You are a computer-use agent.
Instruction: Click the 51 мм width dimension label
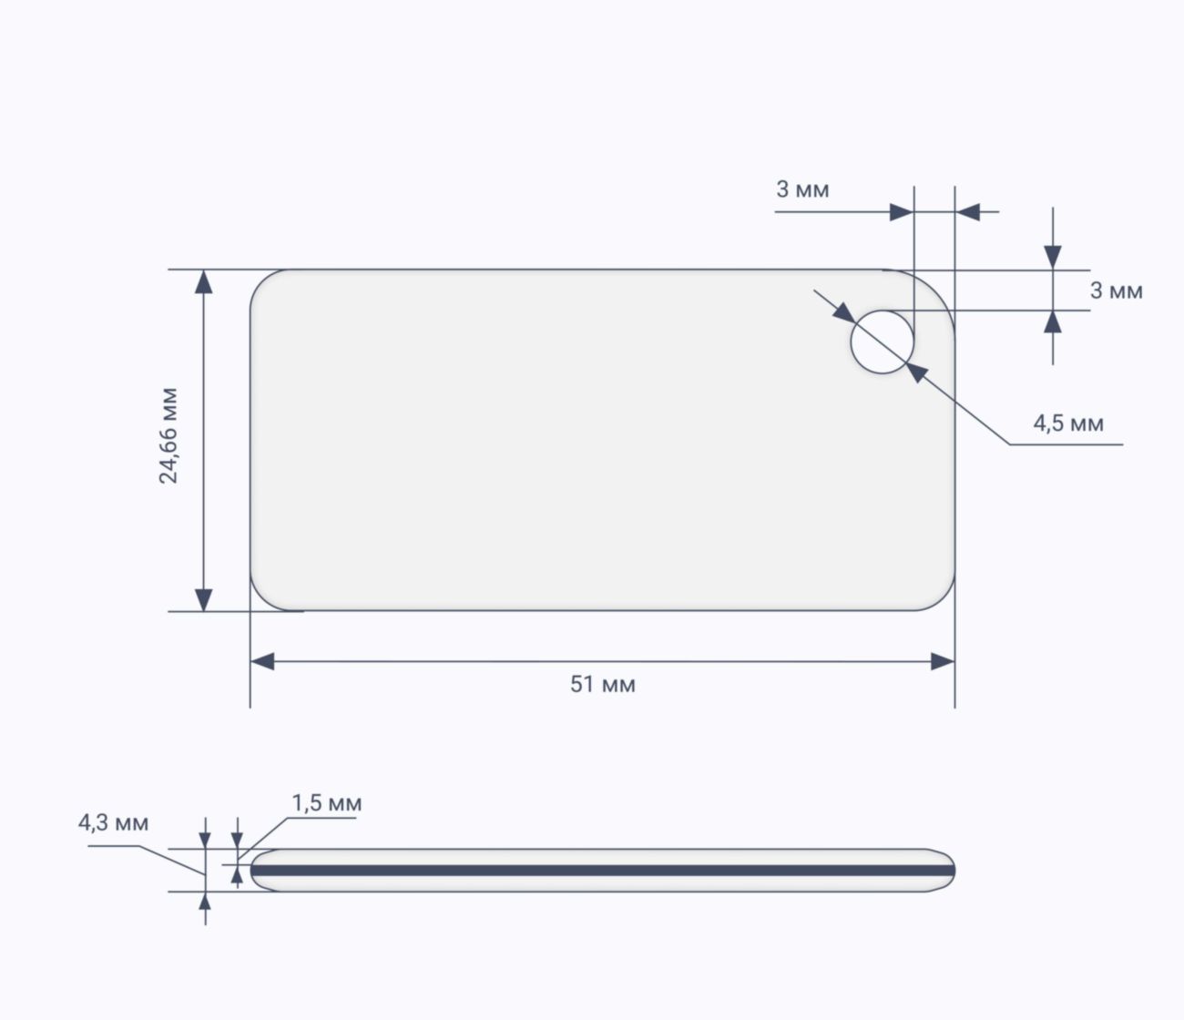(603, 684)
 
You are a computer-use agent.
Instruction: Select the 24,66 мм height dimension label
(168, 436)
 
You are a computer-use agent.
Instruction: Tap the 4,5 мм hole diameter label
(1068, 423)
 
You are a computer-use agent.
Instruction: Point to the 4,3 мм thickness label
(114, 823)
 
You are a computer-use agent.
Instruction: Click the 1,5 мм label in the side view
(327, 803)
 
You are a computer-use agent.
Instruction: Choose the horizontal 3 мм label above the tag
(802, 189)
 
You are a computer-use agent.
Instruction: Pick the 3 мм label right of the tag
(1117, 291)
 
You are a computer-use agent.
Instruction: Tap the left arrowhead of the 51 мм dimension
(262, 661)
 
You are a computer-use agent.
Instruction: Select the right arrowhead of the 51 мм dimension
(943, 661)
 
